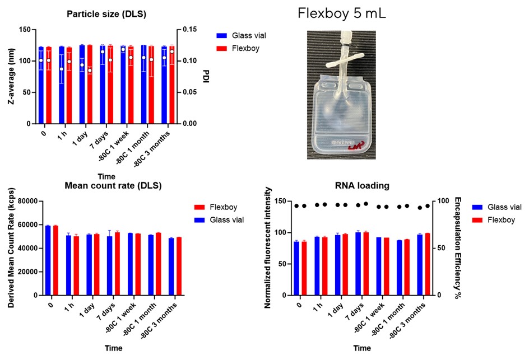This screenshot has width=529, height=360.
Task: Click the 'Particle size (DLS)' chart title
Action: click(106, 14)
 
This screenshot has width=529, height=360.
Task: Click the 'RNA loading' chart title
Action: click(361, 187)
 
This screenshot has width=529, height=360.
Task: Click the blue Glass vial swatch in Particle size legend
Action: click(221, 36)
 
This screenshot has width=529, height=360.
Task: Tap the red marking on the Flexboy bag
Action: click(355, 147)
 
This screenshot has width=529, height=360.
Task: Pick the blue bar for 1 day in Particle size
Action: click(82, 84)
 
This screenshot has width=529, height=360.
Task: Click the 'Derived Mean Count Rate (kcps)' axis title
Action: click(11, 247)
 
